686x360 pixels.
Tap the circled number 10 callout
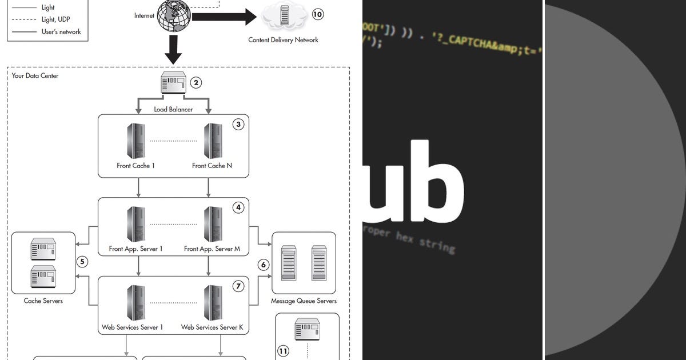318,14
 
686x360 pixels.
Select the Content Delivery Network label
283,40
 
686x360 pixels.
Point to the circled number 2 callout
196,83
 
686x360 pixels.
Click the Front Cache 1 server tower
135,141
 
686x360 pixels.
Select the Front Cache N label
212,166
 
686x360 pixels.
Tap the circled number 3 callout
238,124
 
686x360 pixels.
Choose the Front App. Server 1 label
136,249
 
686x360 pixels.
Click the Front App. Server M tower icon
213,224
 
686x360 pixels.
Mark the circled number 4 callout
238,207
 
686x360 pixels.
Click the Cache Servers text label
43,301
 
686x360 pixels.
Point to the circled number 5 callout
82,262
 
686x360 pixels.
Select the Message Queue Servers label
304,301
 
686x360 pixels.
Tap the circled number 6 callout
264,265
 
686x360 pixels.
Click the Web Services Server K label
212,327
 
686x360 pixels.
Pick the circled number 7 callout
238,286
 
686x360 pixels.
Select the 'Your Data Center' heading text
35,75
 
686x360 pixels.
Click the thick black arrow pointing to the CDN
223,17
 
